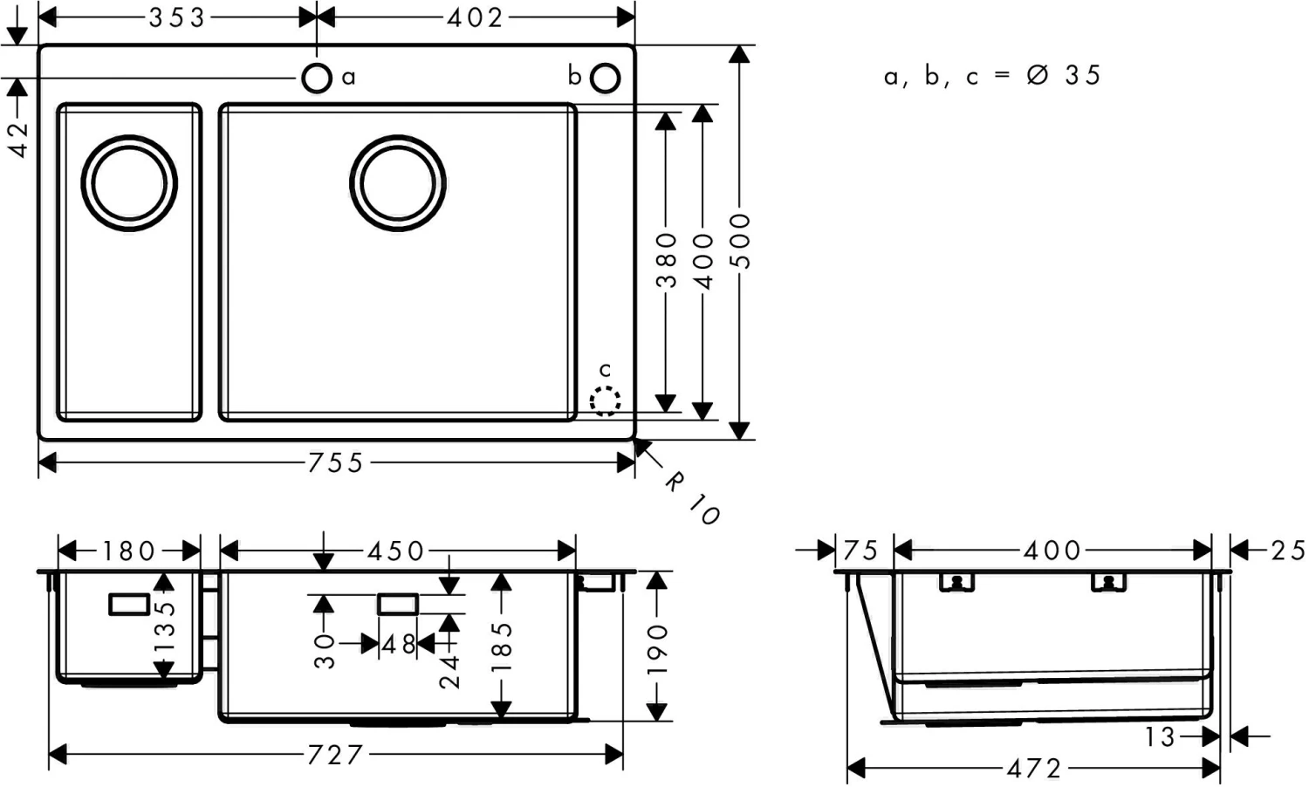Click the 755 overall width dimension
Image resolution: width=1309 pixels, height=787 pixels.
(x=336, y=462)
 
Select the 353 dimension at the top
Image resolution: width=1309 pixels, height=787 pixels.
(x=177, y=17)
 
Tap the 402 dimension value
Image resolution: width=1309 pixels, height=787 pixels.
(x=476, y=17)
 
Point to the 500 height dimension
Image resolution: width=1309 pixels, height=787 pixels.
(x=739, y=241)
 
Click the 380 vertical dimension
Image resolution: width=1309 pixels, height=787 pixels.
(x=666, y=259)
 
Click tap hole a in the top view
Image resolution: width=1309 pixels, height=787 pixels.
(x=317, y=78)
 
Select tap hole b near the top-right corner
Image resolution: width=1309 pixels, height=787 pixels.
(x=605, y=78)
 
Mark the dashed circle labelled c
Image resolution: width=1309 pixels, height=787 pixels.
(x=605, y=400)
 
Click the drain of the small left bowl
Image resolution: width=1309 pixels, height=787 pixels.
(x=129, y=183)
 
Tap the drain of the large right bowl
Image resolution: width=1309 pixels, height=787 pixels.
(x=398, y=183)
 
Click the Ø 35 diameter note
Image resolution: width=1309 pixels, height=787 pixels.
(x=1065, y=76)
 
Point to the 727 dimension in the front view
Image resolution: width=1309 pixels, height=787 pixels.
(x=335, y=755)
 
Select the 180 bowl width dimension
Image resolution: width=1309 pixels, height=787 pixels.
(x=129, y=551)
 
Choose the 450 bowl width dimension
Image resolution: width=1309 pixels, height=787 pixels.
(x=395, y=551)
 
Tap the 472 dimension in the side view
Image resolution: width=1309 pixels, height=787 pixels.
(x=1034, y=769)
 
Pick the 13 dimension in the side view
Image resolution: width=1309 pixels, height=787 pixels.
(x=1161, y=737)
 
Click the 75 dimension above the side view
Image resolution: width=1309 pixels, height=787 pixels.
(x=860, y=551)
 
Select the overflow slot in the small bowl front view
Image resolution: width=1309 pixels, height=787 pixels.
(x=129, y=604)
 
